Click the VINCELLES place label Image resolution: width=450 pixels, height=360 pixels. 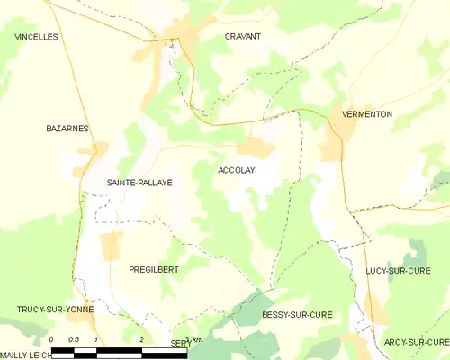36,37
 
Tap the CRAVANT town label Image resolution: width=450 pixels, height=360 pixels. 242,37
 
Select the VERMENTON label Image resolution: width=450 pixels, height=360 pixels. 363,113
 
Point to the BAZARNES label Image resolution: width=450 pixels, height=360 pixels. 67,129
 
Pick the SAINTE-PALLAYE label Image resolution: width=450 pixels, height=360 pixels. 139,182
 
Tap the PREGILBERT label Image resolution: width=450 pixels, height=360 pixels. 154,269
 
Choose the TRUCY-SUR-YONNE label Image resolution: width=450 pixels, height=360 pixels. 54,309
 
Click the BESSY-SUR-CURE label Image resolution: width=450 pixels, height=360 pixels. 297,314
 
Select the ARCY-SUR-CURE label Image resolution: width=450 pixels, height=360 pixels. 416,342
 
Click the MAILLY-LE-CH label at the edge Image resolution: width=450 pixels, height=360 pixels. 25,355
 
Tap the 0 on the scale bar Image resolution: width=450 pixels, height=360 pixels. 52,339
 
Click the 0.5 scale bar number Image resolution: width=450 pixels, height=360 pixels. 73,339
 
